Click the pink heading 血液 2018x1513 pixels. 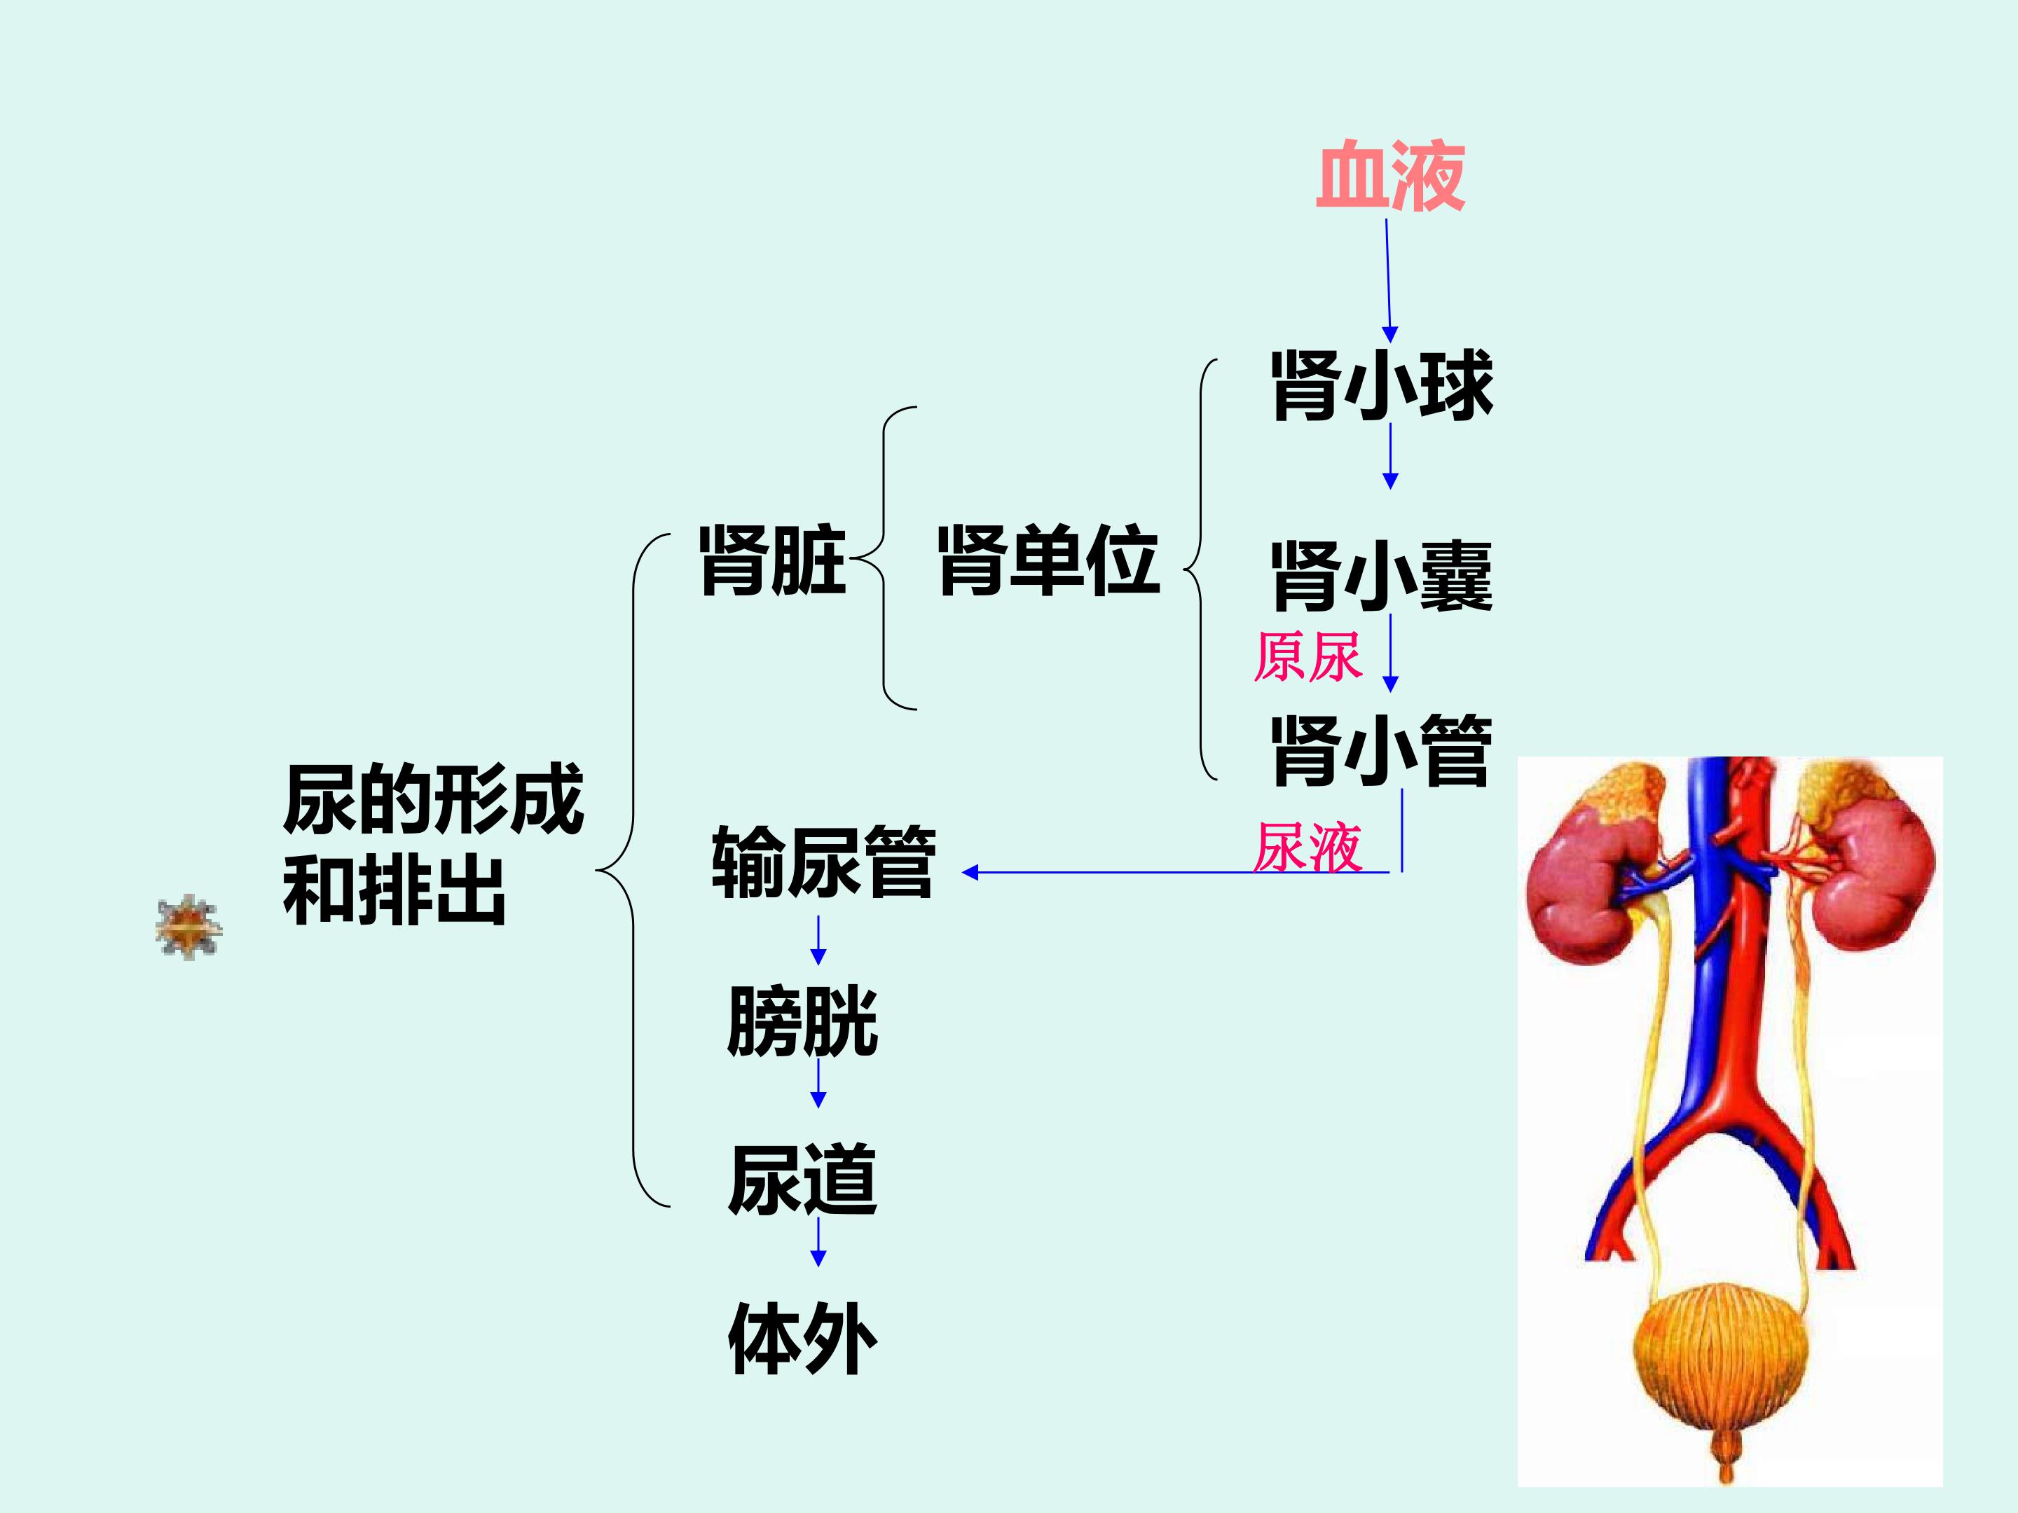point(1390,176)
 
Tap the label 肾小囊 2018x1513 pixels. point(1382,576)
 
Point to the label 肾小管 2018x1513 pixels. point(1382,751)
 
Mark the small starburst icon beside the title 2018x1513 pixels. point(188,927)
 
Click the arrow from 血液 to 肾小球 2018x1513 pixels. point(1389,281)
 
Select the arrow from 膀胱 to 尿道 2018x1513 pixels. point(818,1084)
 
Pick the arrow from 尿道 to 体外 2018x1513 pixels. point(818,1242)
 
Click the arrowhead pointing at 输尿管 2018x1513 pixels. point(970,873)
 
